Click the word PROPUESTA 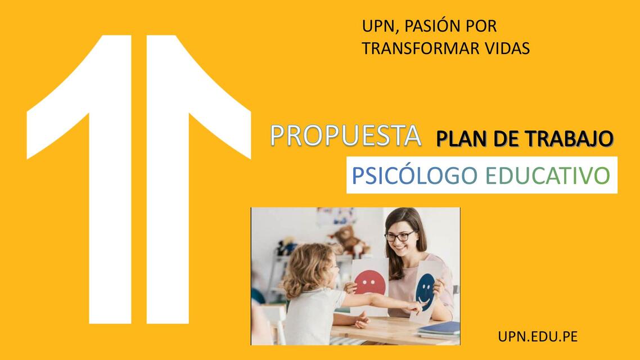[345, 136]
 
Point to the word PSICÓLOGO [414, 175]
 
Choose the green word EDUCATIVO [547, 175]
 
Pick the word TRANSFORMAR [413, 48]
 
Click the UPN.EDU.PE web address [538, 337]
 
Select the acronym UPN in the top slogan [377, 26]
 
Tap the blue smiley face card [427, 290]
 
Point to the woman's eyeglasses [400, 236]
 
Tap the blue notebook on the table [439, 328]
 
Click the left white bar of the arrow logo [110, 186]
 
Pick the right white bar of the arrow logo [167, 186]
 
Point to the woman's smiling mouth [404, 248]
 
